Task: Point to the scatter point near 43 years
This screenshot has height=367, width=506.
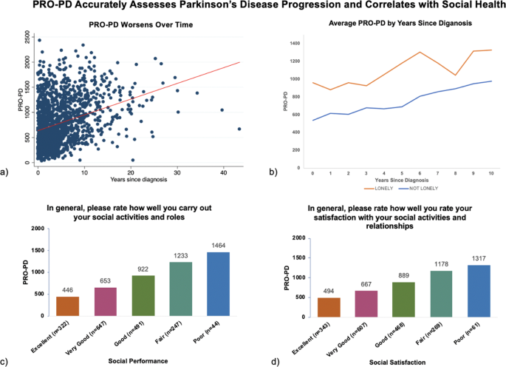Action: (239, 129)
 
